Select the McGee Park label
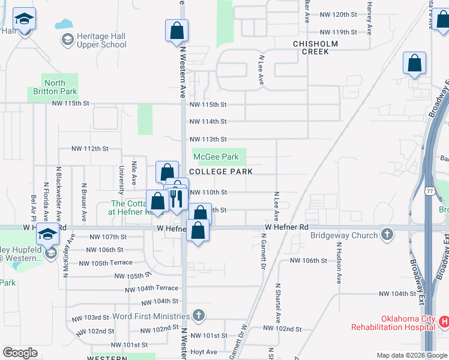(x=216, y=157)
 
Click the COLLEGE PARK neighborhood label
(x=220, y=172)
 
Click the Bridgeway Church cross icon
(x=388, y=235)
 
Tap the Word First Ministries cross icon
(x=199, y=316)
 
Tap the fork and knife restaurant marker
(x=176, y=199)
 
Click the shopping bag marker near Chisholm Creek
(x=414, y=63)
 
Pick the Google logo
(x=20, y=353)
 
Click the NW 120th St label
(x=339, y=14)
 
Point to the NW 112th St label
(x=89, y=148)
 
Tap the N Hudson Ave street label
(x=339, y=263)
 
